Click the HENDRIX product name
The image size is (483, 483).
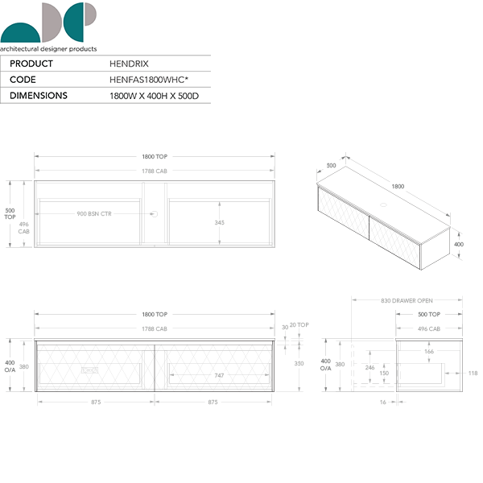pos(129,64)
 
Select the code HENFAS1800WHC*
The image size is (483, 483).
pos(149,80)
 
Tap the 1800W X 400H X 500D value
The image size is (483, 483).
pos(154,96)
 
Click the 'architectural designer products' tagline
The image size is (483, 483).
pos(48,49)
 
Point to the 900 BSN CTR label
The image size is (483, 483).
pos(94,214)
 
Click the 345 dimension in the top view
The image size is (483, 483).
pos(219,222)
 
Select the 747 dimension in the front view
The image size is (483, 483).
pos(219,375)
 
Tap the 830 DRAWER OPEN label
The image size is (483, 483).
pos(407,300)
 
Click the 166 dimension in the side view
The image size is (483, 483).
pos(429,351)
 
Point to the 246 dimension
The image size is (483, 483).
pos(369,368)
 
